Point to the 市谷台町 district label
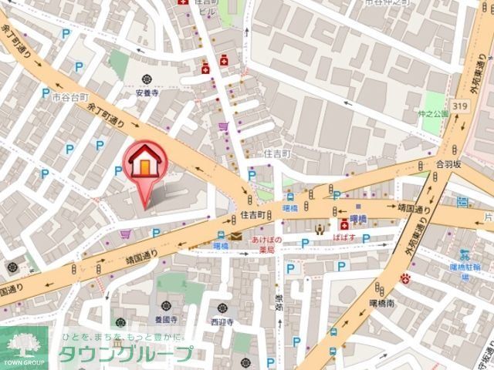(x=72, y=98)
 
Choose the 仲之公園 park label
(x=435, y=113)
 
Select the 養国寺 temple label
(x=166, y=318)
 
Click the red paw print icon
(x=405, y=277)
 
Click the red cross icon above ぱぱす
(x=343, y=224)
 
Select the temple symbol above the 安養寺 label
(x=147, y=78)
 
